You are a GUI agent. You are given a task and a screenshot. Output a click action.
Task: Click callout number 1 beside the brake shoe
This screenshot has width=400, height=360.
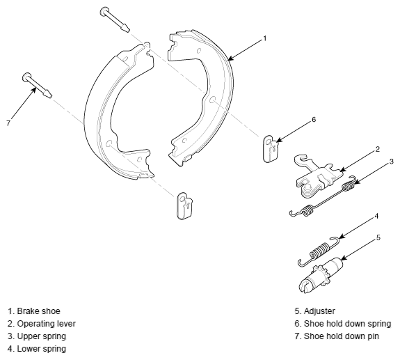click(x=265, y=38)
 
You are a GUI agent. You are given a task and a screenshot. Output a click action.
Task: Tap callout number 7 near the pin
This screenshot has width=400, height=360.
click(x=8, y=123)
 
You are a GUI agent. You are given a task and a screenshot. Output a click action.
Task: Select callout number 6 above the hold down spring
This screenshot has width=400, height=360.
click(x=314, y=119)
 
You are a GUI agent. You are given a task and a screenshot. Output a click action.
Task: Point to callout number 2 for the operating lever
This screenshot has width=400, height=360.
click(x=378, y=149)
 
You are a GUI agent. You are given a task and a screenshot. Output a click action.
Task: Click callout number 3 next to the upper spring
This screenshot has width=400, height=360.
click(x=392, y=162)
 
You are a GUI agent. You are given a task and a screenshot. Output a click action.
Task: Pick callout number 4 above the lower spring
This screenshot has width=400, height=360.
click(x=376, y=217)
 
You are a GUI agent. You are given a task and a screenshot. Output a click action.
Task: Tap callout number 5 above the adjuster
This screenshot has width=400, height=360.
click(x=378, y=237)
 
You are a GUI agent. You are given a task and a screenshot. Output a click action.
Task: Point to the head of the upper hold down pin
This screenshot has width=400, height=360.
click(x=104, y=11)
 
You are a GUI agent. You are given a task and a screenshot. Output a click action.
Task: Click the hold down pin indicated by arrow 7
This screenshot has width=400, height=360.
click(x=38, y=85)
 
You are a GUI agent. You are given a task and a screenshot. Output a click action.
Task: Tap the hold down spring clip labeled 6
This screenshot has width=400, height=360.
click(x=271, y=148)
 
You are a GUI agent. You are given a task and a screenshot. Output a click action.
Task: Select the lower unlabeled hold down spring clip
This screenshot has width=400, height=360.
click(x=184, y=206)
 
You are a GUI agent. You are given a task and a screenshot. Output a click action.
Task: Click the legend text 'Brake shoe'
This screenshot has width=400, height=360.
click(x=38, y=311)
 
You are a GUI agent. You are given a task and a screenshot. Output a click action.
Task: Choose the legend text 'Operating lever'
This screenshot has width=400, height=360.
click(x=47, y=324)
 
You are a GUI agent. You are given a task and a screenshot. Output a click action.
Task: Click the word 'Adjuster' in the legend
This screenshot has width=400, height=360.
click(x=319, y=311)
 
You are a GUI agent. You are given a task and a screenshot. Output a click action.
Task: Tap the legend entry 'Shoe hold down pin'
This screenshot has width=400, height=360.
click(x=337, y=336)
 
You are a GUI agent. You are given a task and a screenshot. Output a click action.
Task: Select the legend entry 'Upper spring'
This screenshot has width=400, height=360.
click(x=37, y=336)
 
